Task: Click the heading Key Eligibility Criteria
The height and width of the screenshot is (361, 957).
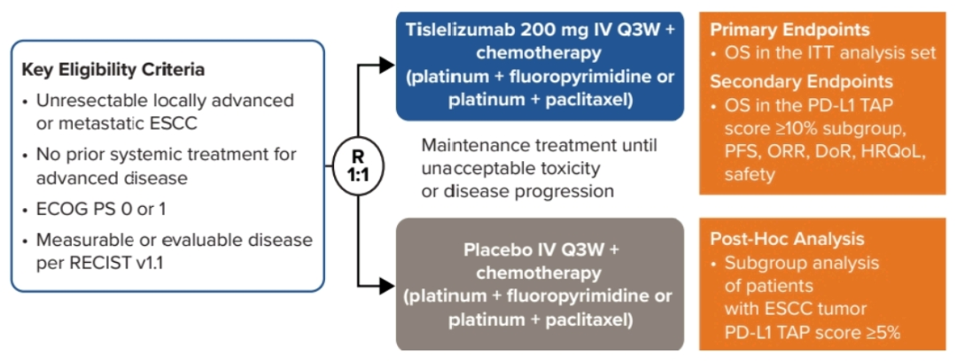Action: point(114,70)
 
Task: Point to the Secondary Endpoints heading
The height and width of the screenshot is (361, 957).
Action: point(801,82)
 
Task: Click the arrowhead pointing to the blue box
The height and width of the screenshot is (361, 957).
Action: point(386,64)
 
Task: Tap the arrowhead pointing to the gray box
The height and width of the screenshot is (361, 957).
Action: point(386,285)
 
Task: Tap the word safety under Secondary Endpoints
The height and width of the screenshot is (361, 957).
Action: point(749,174)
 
